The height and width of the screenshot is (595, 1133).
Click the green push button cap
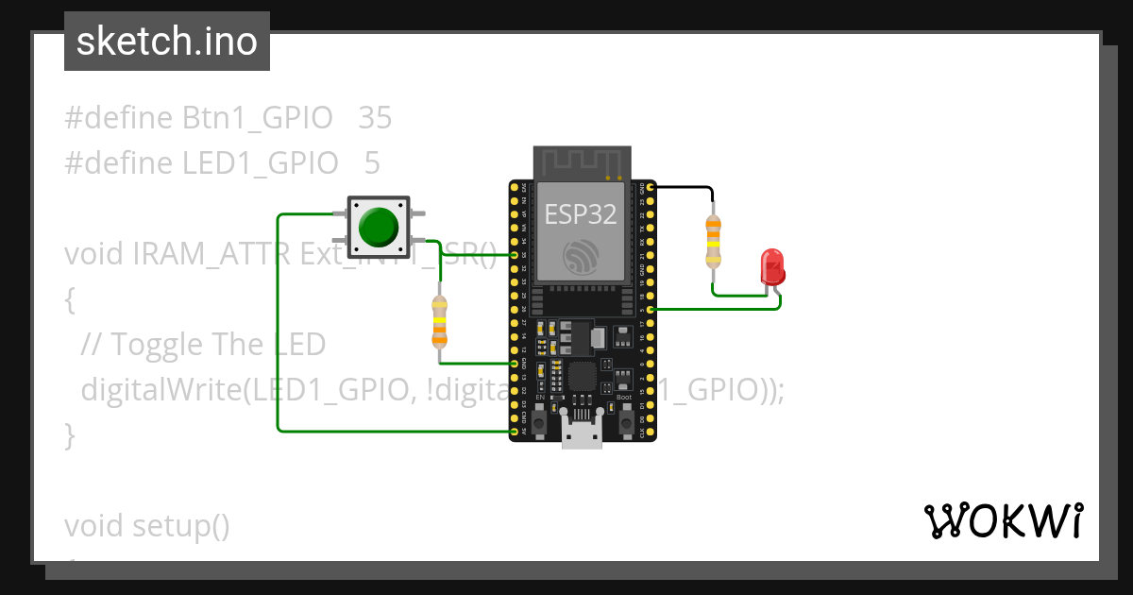tap(379, 227)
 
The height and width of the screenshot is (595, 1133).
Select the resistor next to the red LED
tap(713, 242)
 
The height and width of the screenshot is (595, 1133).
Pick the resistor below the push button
tap(439, 322)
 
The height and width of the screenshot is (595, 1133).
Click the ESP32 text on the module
tap(581, 214)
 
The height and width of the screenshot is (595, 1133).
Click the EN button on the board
tap(539, 424)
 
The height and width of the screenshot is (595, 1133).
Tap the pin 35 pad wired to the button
tap(515, 255)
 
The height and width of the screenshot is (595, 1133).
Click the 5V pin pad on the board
tap(515, 431)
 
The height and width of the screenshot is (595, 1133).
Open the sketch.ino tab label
tap(167, 42)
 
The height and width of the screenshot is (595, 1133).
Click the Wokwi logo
tap(1004, 520)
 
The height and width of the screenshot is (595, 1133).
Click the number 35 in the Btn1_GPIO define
tap(375, 119)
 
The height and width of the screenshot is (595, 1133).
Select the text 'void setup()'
tap(147, 525)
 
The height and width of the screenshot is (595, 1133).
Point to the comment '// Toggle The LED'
tap(203, 345)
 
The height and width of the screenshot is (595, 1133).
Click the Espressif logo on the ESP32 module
tap(581, 257)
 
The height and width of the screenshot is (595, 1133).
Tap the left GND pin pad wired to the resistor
tap(515, 364)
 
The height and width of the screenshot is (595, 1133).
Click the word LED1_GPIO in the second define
tap(260, 163)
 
